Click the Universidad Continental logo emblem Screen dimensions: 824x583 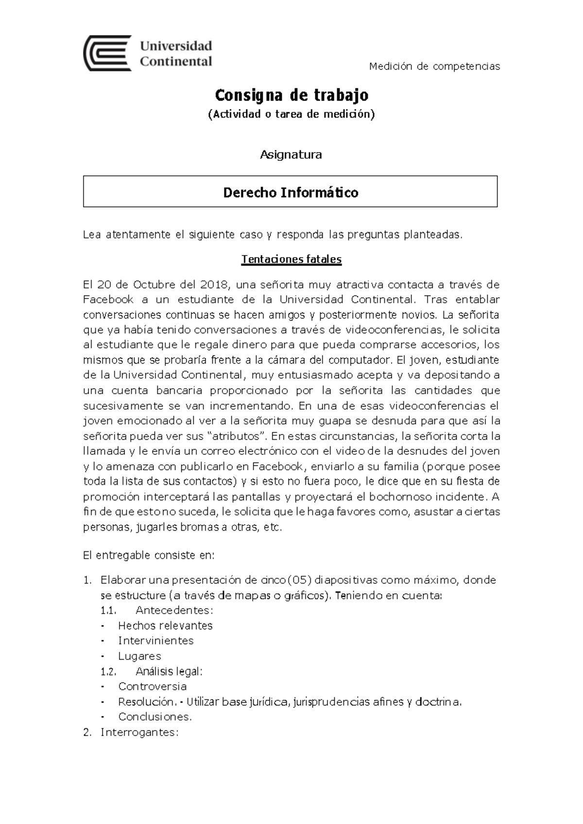tap(107, 53)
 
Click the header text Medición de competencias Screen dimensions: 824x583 tap(434, 67)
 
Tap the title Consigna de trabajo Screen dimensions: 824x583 tap(291, 95)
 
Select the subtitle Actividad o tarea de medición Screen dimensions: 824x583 tap(291, 115)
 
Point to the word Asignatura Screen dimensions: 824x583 tap(291, 155)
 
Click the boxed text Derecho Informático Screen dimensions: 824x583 tap(291, 193)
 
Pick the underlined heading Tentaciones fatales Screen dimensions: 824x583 tap(291, 259)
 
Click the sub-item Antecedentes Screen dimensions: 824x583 tap(174, 610)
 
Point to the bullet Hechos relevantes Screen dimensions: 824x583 tap(165, 626)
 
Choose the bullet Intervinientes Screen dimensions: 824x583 tap(155, 641)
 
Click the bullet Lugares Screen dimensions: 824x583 tap(139, 656)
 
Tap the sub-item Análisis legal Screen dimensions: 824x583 tap(169, 671)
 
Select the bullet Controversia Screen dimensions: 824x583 tap(152, 687)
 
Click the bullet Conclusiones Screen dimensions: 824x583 tap(155, 717)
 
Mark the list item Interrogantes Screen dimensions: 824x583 tap(139, 733)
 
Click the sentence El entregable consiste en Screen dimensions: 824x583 tap(149, 555)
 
